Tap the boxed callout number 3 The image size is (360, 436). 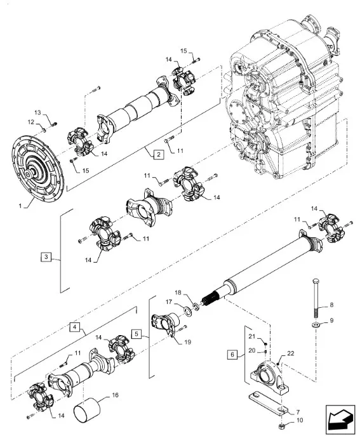click(46, 257)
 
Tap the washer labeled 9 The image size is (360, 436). click(316, 327)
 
